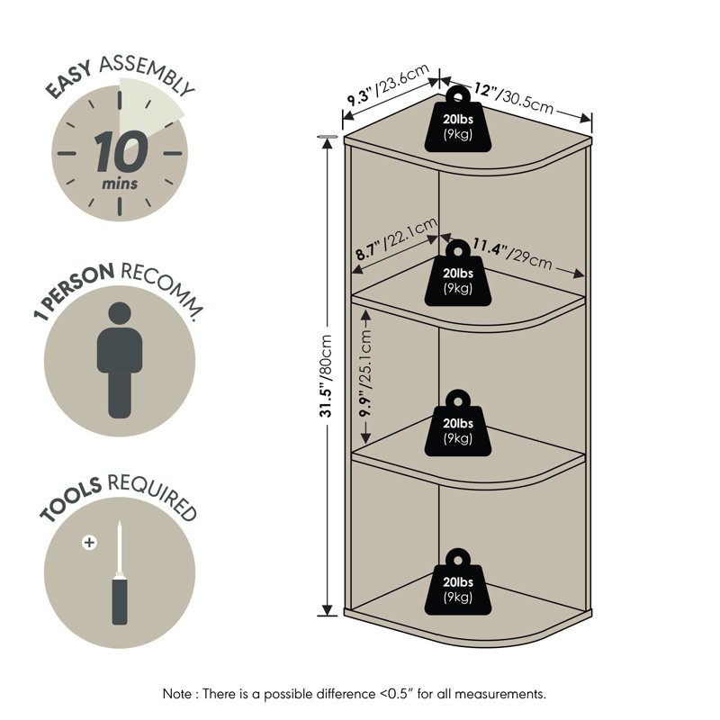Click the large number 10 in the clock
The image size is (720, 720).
point(121,151)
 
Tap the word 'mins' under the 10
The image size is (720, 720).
point(120,184)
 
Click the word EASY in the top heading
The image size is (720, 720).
point(69,80)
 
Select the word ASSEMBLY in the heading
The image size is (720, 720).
point(147,74)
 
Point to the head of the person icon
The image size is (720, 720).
point(120,313)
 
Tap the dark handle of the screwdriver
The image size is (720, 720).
point(120,601)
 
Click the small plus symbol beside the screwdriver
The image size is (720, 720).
point(89,543)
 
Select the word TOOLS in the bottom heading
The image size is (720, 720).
point(70,499)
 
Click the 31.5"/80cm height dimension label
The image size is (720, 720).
point(326,376)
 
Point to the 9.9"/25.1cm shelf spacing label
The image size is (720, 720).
point(365,373)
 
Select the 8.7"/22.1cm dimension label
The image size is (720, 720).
point(397,238)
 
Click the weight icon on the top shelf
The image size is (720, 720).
point(458,119)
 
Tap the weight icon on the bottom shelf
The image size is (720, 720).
point(458,581)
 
